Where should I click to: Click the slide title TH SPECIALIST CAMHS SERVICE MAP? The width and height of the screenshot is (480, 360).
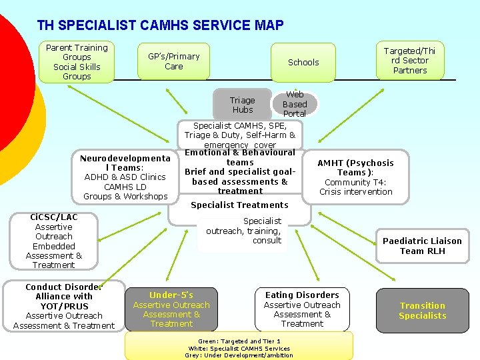(160, 25)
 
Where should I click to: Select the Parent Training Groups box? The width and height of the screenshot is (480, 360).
(77, 62)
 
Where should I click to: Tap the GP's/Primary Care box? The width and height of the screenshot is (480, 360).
(173, 61)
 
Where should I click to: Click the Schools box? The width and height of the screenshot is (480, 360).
(303, 62)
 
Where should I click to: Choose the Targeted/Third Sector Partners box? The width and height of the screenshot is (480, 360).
(409, 60)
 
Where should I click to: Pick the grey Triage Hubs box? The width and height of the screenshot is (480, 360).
(243, 105)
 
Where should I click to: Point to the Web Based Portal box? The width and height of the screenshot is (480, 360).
(295, 104)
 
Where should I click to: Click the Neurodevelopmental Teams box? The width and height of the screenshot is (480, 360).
(125, 177)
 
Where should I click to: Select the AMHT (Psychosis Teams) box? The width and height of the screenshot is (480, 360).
(355, 177)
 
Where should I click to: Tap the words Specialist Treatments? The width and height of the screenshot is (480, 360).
(239, 205)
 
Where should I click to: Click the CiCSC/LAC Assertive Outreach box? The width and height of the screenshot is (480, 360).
(53, 241)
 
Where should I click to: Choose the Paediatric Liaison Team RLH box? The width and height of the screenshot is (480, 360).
(421, 246)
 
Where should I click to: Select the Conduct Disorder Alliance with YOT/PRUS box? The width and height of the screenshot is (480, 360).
(64, 306)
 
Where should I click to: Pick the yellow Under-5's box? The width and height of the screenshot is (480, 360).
(171, 309)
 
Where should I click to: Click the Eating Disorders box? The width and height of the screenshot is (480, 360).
(302, 309)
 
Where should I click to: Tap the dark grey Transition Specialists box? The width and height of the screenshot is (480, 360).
(422, 310)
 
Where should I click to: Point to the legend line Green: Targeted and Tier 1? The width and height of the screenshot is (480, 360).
(239, 340)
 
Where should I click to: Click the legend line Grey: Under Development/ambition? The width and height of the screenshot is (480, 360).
(239, 355)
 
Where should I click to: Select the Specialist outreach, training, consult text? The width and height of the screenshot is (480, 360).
(244, 230)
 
